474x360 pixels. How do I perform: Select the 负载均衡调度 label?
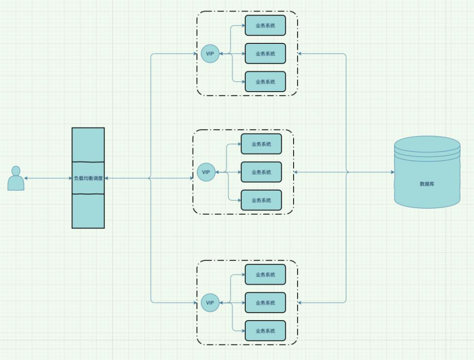click(88, 178)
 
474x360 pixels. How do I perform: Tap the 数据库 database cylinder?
click(427, 184)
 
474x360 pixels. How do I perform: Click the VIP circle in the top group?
click(210, 54)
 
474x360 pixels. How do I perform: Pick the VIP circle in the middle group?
click(206, 172)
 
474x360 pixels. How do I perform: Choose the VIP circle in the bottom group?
click(210, 303)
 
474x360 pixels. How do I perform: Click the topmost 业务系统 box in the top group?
click(265, 25)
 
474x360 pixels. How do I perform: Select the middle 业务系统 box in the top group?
click(265, 54)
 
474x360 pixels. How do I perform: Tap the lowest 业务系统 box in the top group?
click(265, 82)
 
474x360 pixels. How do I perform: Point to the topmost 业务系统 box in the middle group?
click(261, 144)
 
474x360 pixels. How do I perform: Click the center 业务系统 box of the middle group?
click(261, 172)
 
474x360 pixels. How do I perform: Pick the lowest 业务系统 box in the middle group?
click(261, 200)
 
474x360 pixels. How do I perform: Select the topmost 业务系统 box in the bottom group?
click(265, 275)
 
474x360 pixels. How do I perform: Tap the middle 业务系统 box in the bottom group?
click(265, 303)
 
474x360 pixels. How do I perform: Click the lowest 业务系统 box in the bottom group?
click(265, 331)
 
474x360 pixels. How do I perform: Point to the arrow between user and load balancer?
click(48, 178)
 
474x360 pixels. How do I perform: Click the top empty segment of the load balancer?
click(88, 145)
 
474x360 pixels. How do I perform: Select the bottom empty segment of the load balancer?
click(88, 210)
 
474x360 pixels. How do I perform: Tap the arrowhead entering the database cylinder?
click(392, 172)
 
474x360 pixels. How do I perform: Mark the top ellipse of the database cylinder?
click(427, 144)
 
